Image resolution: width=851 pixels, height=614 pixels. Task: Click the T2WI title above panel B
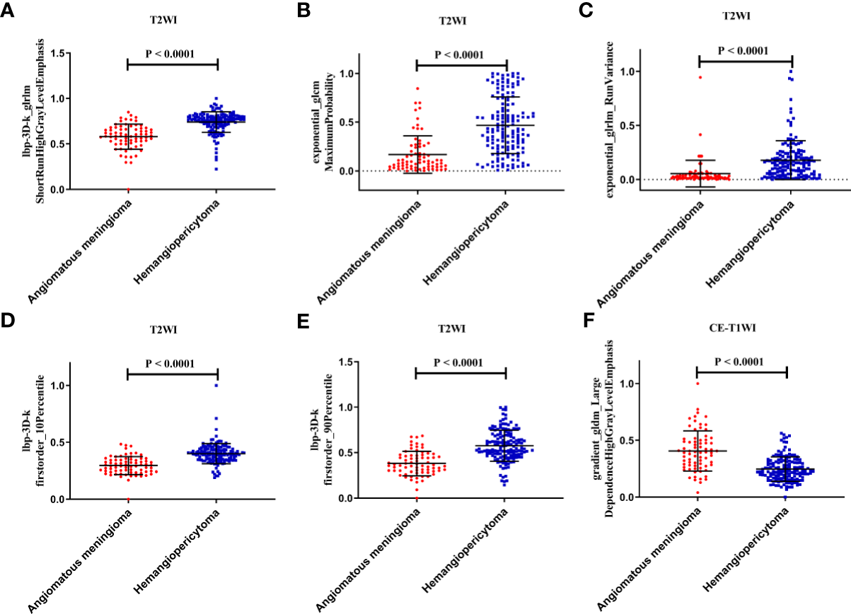tap(461, 20)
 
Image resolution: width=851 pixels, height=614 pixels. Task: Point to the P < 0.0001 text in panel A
tap(171, 53)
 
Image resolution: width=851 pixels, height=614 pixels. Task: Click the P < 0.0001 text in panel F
tap(741, 362)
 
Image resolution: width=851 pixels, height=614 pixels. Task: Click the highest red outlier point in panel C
tap(700, 76)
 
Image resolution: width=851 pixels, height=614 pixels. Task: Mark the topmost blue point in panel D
tap(216, 385)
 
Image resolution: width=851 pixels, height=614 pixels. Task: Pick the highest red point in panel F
tap(697, 383)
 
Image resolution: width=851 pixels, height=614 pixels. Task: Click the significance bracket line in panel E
tap(461, 372)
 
